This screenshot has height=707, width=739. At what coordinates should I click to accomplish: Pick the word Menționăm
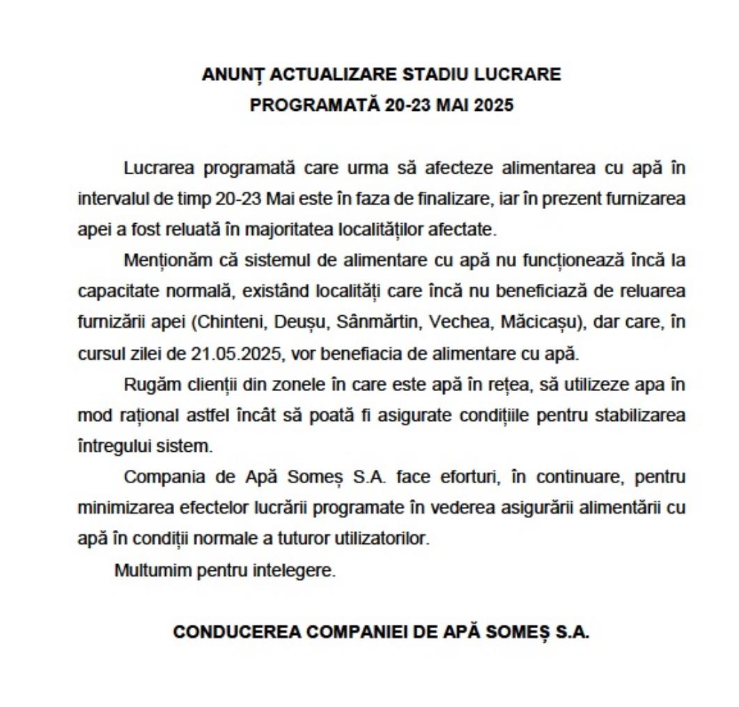pos(157,262)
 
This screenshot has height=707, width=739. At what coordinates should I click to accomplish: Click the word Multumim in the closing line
pos(144,570)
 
